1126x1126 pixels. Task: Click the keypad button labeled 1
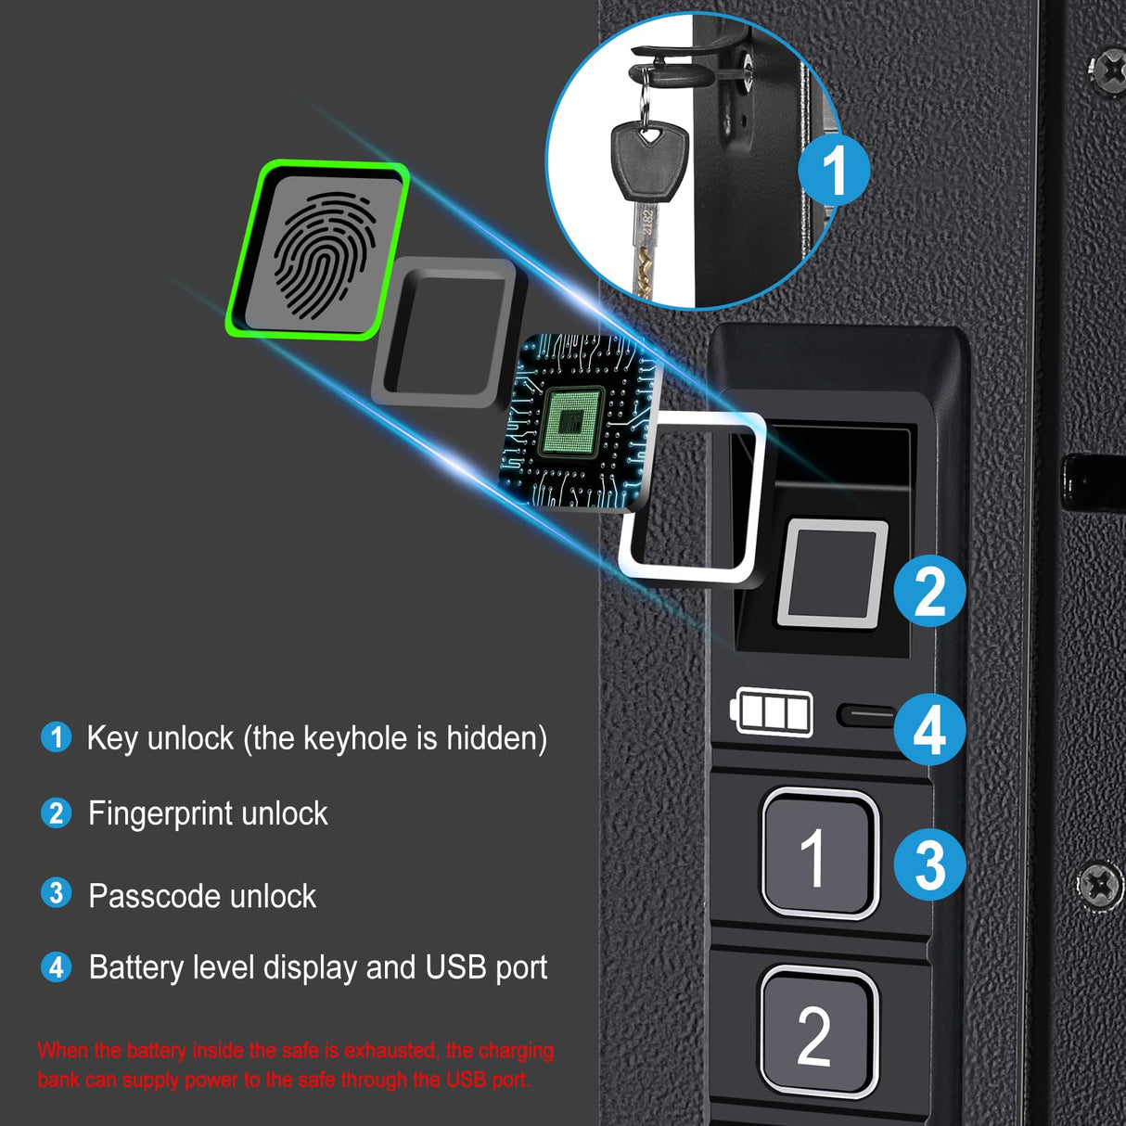pos(819,854)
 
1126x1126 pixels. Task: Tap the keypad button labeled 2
pos(817,1031)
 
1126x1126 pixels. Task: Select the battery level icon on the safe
pos(773,712)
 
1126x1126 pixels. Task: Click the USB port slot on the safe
pos(866,715)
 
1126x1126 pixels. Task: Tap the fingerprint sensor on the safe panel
pos(831,573)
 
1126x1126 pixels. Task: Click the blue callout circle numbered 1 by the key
pos(834,171)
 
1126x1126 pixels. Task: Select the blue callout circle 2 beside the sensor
pos(929,591)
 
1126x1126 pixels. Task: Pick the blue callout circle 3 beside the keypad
pos(929,864)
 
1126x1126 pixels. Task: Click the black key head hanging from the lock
pos(648,161)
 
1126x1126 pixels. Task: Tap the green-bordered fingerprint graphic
pos(319,250)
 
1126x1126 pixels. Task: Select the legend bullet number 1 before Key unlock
pos(57,737)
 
